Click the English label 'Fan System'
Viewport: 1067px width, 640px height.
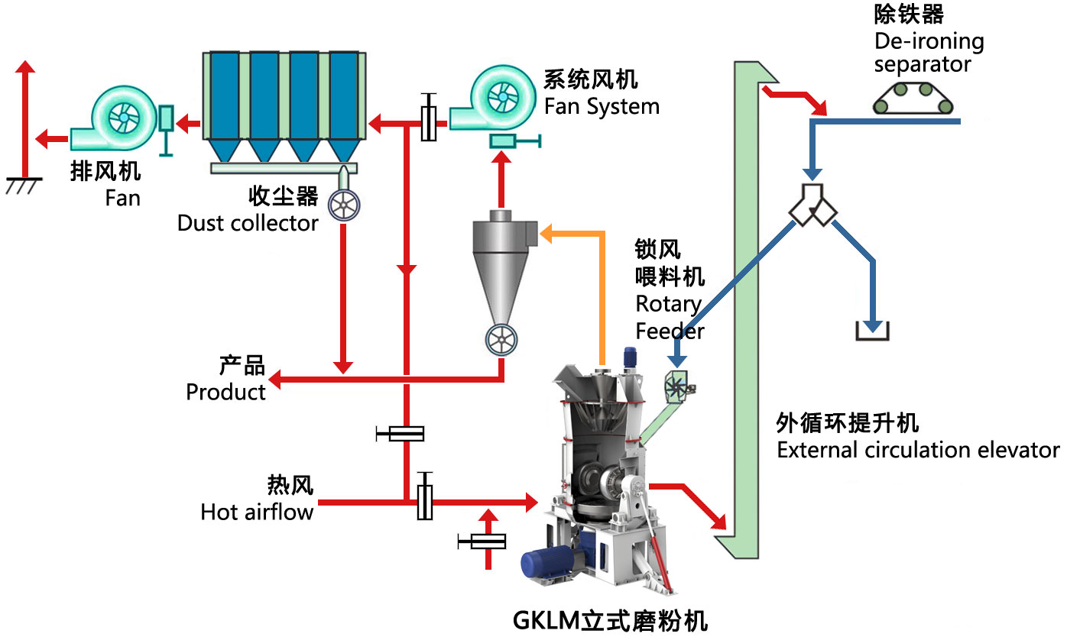coord(602,106)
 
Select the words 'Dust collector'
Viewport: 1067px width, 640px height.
coord(248,223)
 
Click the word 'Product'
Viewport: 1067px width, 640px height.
coord(226,392)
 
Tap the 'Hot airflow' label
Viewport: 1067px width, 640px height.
coord(257,511)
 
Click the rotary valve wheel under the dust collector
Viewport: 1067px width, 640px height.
coord(344,205)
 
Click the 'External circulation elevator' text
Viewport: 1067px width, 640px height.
coord(918,450)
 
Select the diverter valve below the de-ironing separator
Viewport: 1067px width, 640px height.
coord(813,205)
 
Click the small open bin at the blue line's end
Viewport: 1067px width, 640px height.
coord(871,331)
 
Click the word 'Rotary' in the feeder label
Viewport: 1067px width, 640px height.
coord(668,304)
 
